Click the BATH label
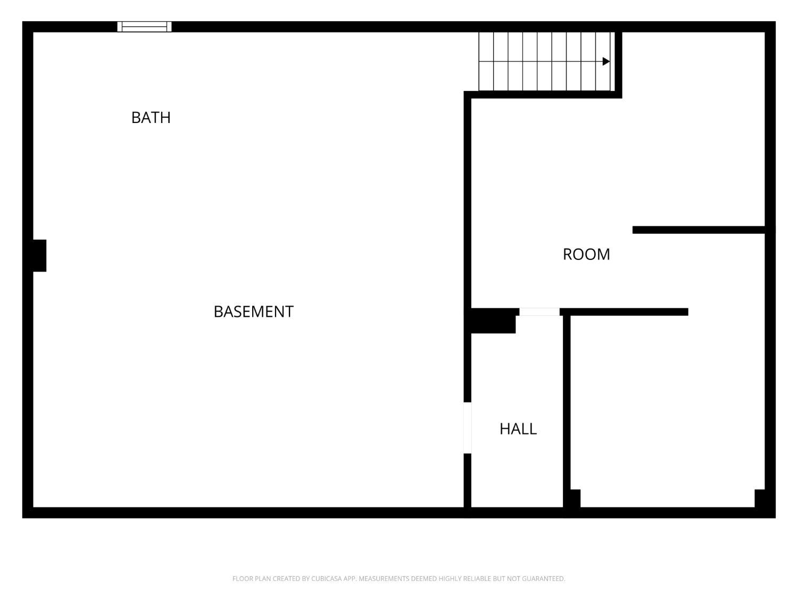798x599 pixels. [151, 118]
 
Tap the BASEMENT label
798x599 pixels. [253, 311]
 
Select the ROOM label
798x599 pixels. [586, 255]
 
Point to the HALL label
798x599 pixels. [518, 429]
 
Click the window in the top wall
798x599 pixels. [144, 27]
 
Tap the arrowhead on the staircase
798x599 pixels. [606, 61]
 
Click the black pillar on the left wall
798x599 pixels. [39, 256]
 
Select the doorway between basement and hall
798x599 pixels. [468, 428]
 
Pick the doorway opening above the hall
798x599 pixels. [539, 311]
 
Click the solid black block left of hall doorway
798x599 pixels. [493, 321]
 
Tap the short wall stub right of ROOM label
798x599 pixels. [699, 230]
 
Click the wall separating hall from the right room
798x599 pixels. [567, 412]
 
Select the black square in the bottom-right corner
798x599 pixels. [760, 498]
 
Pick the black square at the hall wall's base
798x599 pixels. [575, 498]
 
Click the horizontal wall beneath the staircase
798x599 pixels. [543, 95]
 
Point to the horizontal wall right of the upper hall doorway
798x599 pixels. [624, 311]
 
